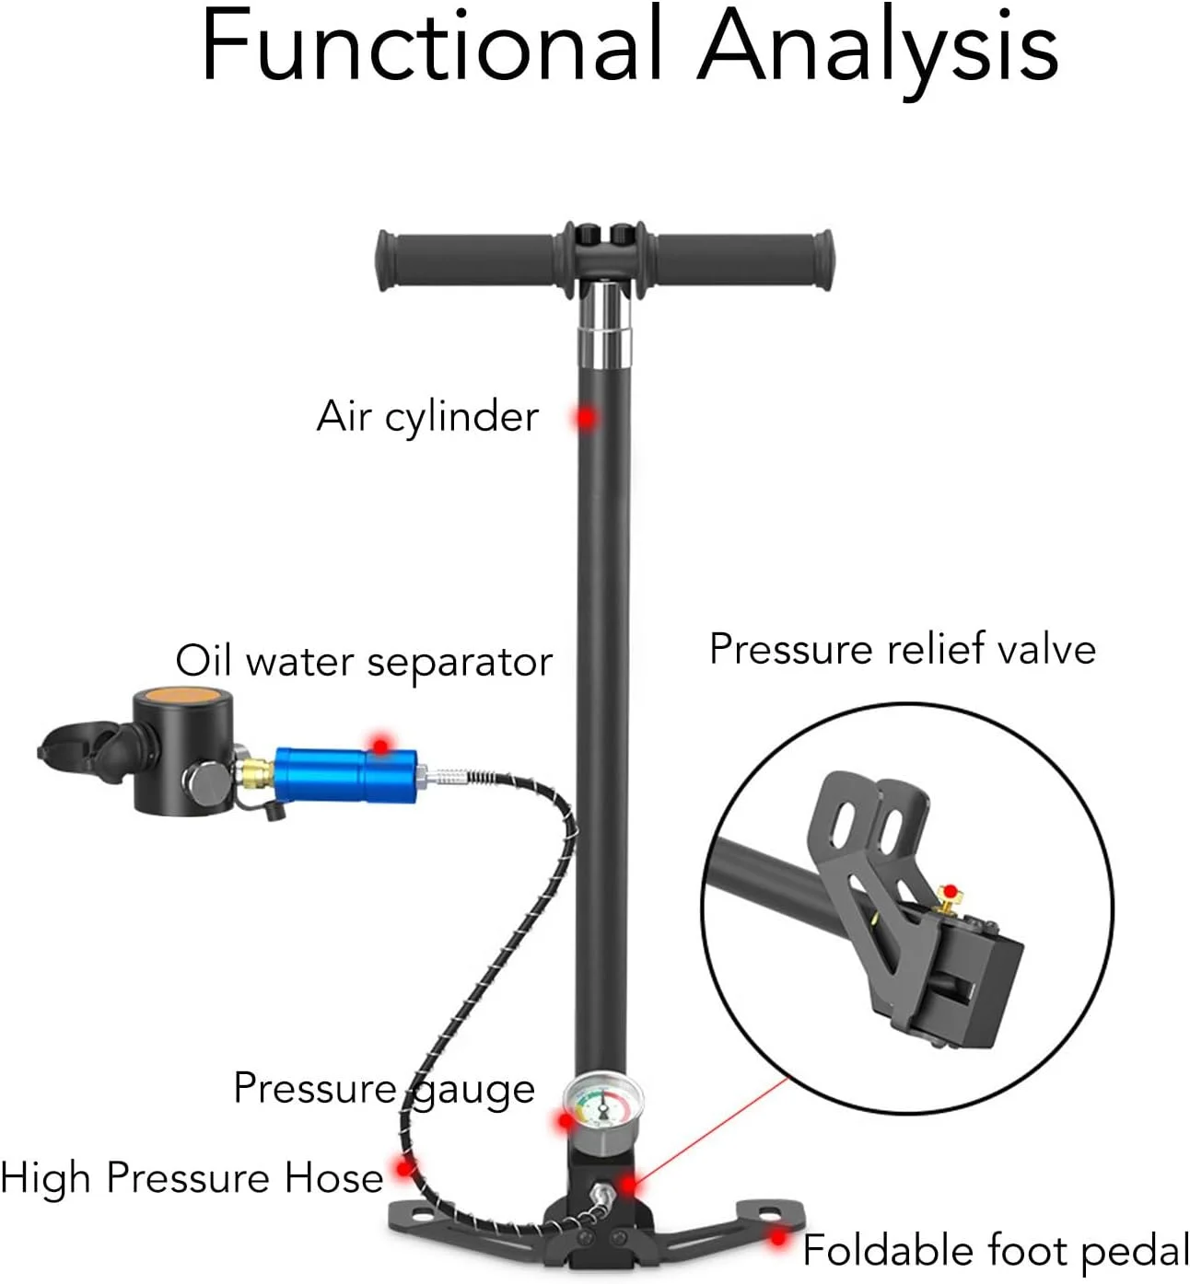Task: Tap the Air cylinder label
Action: (x=427, y=417)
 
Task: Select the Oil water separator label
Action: (x=365, y=661)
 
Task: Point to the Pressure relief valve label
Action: (x=903, y=649)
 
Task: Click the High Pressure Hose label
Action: (x=192, y=1178)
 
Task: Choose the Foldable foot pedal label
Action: (x=996, y=1250)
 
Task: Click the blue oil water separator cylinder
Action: (x=345, y=775)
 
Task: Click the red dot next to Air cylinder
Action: (x=587, y=418)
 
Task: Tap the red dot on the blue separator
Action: (x=381, y=746)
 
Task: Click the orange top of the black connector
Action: (x=183, y=696)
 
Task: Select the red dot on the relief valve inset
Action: (x=951, y=892)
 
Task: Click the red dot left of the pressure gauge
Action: (x=566, y=1120)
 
